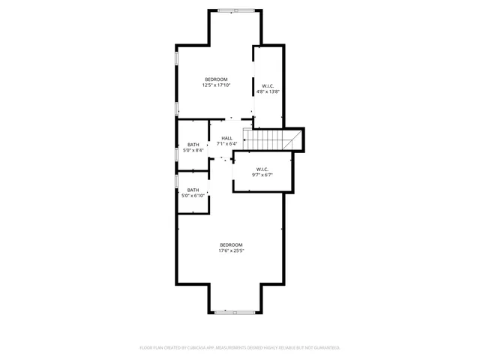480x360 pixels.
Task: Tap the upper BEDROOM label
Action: pos(216,79)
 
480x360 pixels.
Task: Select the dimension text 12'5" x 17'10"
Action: pos(216,85)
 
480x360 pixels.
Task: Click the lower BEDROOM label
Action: pos(231,244)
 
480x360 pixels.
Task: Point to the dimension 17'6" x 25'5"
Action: pos(231,250)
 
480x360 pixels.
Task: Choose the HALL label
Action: pos(226,137)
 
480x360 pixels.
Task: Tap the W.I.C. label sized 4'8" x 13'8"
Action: pos(268,85)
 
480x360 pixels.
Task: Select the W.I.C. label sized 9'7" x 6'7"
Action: pos(262,169)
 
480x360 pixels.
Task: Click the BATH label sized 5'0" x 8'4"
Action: pos(193,145)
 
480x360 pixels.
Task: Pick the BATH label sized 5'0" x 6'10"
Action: pos(193,190)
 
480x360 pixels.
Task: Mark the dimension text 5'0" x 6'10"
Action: pos(193,196)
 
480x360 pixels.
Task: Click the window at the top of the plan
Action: pos(235,10)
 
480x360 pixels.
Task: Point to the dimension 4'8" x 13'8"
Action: pos(268,91)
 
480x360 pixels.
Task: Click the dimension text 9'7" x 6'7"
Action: pos(262,175)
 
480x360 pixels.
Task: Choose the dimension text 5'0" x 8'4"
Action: pos(193,151)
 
